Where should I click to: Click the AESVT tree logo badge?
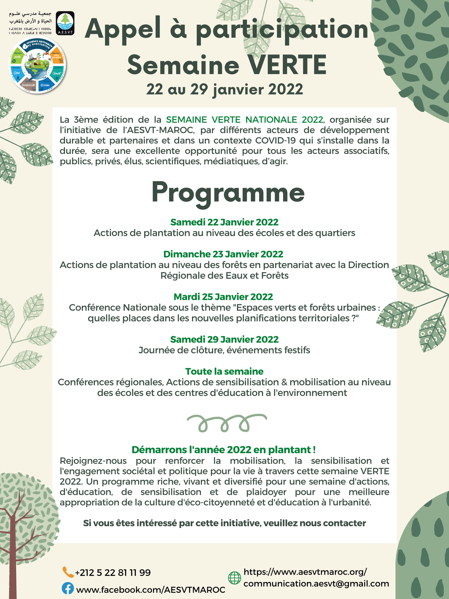(x=65, y=23)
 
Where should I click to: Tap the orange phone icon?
(x=68, y=572)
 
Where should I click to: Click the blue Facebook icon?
(x=68, y=588)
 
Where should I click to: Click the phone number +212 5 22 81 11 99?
(x=113, y=572)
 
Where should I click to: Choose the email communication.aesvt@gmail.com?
(x=316, y=583)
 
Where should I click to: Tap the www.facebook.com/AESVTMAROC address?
(x=151, y=589)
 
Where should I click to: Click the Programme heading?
(x=228, y=193)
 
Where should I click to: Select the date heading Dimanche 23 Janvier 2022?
(x=223, y=254)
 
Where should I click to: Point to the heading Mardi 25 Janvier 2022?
(x=223, y=297)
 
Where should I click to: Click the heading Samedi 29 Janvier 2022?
(x=224, y=339)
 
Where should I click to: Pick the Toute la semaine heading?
(x=224, y=371)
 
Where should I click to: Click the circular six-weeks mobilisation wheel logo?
(x=37, y=65)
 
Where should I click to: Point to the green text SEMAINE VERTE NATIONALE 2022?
(x=245, y=120)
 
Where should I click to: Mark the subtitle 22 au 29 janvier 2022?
(x=224, y=89)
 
